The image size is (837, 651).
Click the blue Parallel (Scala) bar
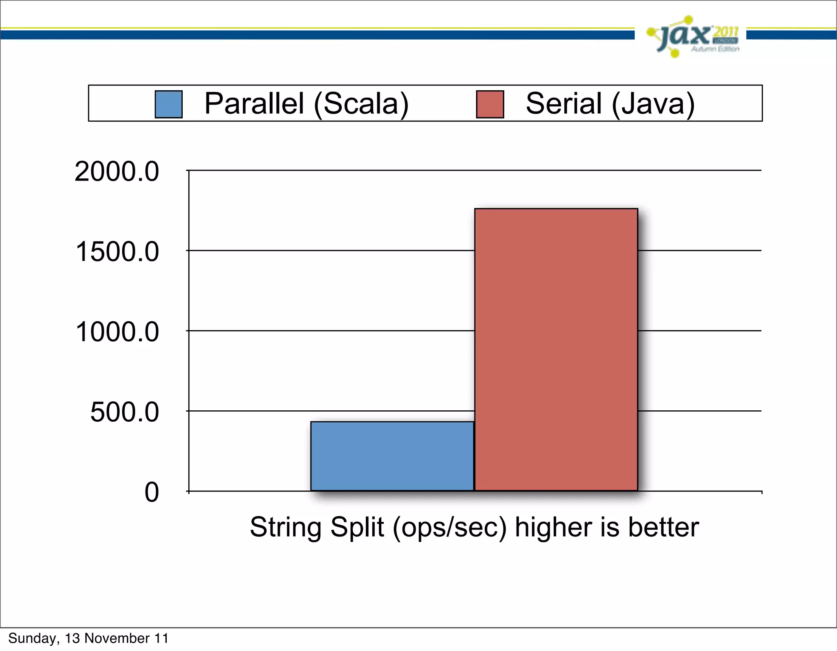(392, 456)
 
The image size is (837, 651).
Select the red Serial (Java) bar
(556, 349)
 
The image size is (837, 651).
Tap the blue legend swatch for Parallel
(168, 104)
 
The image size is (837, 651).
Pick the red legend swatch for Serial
(490, 104)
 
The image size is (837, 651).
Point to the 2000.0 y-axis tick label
(116, 172)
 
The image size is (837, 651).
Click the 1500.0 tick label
(117, 252)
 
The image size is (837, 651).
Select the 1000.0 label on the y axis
(117, 332)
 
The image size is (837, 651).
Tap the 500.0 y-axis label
(124, 412)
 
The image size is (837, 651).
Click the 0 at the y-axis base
(152, 492)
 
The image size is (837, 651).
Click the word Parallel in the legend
(254, 103)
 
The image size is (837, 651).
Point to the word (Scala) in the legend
(361, 104)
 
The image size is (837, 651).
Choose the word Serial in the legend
(564, 103)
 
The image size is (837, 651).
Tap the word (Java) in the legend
(653, 104)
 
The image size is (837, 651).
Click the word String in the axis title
(286, 528)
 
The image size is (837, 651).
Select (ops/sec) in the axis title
(449, 528)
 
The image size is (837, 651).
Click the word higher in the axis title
(553, 528)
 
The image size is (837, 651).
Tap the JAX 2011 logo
(694, 37)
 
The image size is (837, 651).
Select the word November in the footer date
(117, 638)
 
